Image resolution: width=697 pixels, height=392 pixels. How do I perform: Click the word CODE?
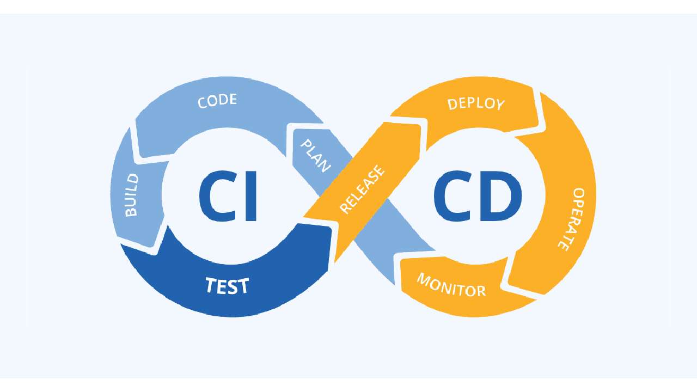[217, 101]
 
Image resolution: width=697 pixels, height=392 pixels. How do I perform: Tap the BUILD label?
[132, 195]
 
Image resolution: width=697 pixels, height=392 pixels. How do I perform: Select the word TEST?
[227, 286]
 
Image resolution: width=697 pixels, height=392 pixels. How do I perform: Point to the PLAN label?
[315, 156]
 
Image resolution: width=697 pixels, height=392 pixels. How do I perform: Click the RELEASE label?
[363, 189]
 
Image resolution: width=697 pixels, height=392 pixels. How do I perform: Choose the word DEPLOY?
[476, 104]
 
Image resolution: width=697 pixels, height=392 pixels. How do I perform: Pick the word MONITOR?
[451, 285]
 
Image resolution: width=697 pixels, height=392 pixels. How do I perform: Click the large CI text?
[228, 196]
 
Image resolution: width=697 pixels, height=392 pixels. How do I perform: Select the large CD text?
[478, 196]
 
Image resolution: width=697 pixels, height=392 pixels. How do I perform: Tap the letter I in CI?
[251, 196]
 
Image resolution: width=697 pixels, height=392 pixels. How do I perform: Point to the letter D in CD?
[500, 196]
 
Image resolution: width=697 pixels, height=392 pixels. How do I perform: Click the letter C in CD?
[452, 196]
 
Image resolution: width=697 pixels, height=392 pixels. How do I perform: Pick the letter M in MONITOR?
[424, 279]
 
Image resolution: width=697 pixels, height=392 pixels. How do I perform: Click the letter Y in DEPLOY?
[500, 105]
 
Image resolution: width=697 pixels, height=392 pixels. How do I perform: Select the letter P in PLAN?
[307, 145]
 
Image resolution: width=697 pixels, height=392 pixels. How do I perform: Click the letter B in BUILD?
[131, 212]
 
